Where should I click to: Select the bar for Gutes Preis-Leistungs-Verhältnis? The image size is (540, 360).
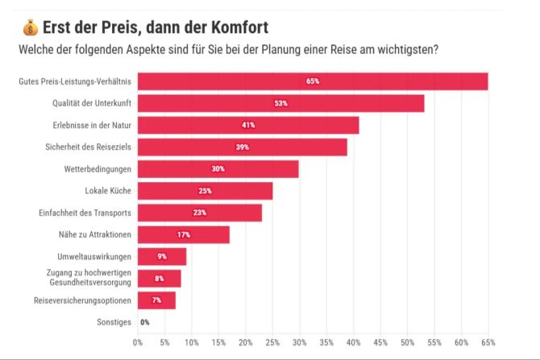[313, 81]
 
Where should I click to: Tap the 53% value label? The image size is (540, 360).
[280, 103]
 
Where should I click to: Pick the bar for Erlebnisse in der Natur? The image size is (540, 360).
[248, 125]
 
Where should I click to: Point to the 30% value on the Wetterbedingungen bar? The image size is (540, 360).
[218, 169]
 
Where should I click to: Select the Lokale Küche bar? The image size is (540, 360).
[205, 191]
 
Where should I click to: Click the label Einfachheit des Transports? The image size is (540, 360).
[85, 213]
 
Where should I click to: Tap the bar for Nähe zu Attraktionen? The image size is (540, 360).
[184, 234]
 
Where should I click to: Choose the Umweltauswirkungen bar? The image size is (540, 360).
[162, 256]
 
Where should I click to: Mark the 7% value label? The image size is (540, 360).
[156, 300]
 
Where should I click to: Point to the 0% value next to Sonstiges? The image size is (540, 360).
[145, 322]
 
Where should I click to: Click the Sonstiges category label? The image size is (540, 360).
[113, 322]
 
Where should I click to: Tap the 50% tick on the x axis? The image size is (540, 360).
[408, 342]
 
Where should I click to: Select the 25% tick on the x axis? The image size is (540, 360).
[272, 342]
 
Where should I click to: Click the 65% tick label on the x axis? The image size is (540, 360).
[488, 342]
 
